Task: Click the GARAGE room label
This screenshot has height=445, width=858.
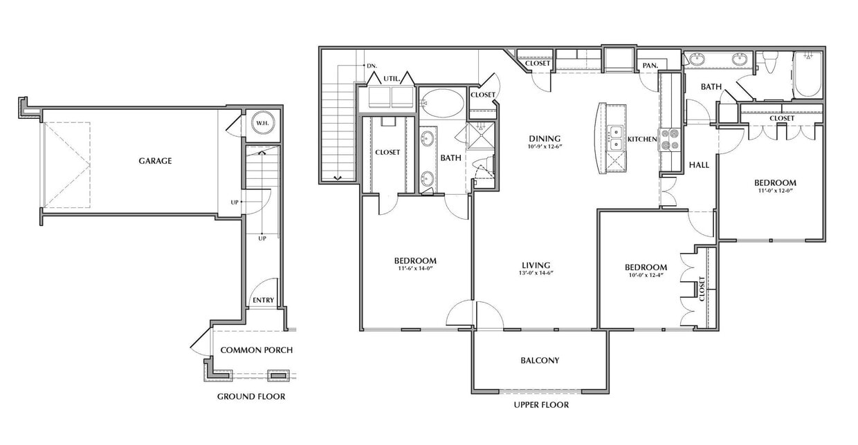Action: (x=155, y=161)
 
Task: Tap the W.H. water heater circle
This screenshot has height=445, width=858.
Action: (x=262, y=124)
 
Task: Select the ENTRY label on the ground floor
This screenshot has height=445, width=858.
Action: (x=263, y=300)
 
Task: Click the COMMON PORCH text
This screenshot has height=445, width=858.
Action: (x=256, y=350)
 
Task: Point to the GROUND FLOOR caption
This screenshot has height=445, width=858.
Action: (x=251, y=397)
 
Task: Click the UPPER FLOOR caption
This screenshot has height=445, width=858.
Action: (x=541, y=405)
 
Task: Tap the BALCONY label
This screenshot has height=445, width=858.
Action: (x=540, y=360)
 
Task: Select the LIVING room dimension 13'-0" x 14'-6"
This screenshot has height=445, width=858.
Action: (x=536, y=274)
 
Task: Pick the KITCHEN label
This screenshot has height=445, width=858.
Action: (x=641, y=140)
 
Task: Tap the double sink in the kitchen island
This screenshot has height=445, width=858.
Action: (x=615, y=138)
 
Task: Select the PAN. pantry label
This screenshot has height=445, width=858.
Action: (x=649, y=66)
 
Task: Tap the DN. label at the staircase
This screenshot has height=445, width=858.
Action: (x=372, y=65)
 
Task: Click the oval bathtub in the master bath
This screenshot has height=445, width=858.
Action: (x=443, y=104)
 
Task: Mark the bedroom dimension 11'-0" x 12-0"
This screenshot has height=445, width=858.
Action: (x=775, y=192)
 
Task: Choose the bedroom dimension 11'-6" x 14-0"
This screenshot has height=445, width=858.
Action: (x=415, y=269)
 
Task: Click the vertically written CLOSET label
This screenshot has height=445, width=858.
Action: (x=702, y=289)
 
